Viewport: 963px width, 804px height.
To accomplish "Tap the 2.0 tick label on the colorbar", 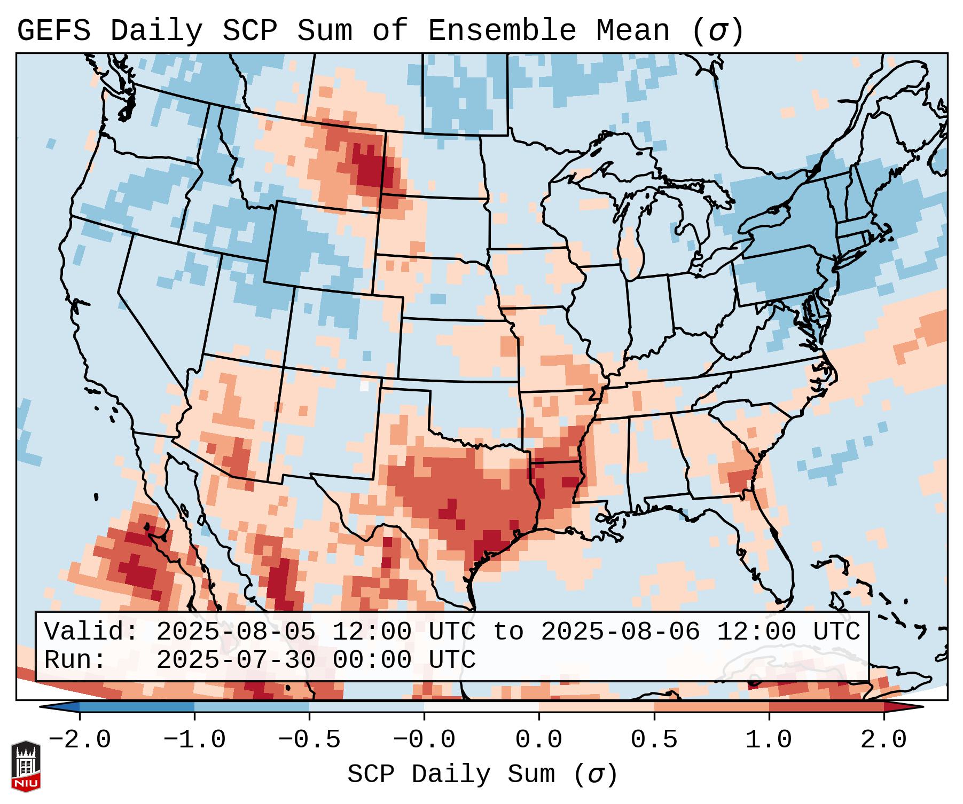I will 883,740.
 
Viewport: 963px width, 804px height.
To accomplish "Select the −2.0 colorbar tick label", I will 80,740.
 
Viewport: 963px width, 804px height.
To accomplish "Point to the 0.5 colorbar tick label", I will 654,740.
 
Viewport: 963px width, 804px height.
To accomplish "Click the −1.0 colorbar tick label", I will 194,740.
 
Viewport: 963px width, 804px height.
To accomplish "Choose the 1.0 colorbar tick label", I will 769,740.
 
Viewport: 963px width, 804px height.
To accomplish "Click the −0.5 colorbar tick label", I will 309,740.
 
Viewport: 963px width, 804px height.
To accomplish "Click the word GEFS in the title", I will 53,31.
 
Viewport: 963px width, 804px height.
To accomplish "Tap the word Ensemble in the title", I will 502,31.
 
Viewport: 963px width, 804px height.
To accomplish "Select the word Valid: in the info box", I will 91,632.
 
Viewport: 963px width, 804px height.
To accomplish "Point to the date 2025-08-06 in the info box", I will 620,632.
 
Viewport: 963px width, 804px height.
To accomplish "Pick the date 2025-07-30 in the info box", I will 236,660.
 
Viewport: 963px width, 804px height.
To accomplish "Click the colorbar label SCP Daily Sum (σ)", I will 482,774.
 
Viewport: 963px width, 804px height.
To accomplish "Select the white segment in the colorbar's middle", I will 481,707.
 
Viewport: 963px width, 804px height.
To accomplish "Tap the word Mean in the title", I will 632,31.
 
